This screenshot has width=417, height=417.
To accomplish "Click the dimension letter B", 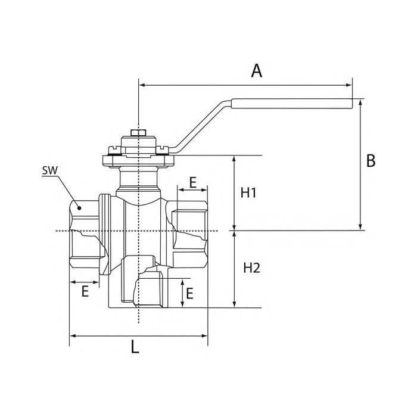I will click(x=371, y=161).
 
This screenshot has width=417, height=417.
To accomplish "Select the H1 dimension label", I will click(x=249, y=193).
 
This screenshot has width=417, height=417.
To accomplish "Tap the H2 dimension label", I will click(x=252, y=268).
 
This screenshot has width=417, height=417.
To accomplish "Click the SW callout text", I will click(x=49, y=170).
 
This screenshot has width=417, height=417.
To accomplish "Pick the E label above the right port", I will click(x=194, y=182).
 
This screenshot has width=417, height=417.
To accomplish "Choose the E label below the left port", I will click(x=85, y=291).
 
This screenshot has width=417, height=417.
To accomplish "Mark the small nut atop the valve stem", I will click(x=138, y=132).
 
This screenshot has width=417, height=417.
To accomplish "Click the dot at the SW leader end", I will click(x=79, y=208).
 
